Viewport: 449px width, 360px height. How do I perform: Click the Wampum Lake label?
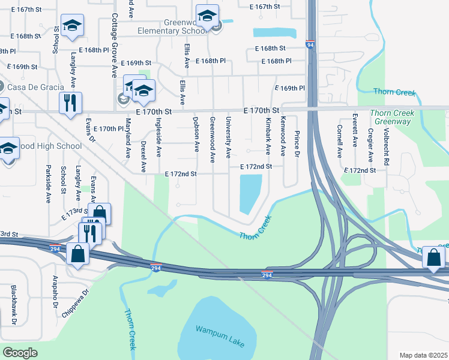pyautogui.click(x=220, y=336)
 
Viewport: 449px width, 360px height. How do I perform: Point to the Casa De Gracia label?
pyautogui.click(x=36, y=87)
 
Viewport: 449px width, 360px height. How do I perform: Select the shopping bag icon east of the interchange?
pyautogui.click(x=433, y=257)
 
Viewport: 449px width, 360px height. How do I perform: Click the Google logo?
pyautogui.click(x=20, y=352)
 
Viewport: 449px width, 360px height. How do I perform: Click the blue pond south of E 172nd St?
pyautogui.click(x=250, y=193)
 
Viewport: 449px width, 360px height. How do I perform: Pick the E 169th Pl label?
pyautogui.click(x=290, y=88)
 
